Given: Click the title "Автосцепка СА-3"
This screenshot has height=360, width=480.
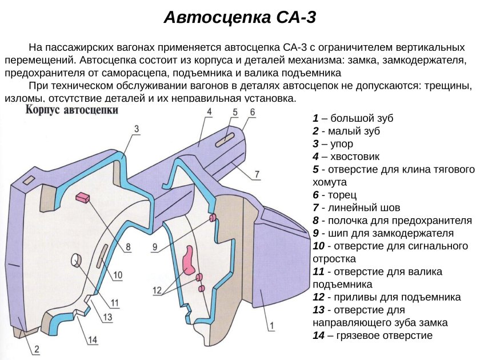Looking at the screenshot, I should click(x=240, y=17).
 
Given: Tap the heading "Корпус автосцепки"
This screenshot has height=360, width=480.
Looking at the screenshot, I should click(x=71, y=110).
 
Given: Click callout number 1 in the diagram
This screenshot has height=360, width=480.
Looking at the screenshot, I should click(x=272, y=326).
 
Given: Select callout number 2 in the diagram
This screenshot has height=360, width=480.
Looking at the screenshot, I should click(x=35, y=349).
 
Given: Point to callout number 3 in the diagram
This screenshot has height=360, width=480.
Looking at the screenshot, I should click(x=137, y=129).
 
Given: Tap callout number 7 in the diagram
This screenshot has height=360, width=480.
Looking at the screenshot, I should click(x=257, y=174).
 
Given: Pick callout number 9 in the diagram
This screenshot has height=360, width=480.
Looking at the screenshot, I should click(x=155, y=247).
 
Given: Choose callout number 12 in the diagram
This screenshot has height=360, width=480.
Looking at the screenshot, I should click(x=157, y=290).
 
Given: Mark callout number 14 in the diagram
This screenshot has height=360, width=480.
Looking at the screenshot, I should click(x=93, y=340).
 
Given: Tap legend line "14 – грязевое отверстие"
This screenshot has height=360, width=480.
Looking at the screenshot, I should click(x=373, y=335).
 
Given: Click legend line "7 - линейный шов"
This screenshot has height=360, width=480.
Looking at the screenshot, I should click(x=357, y=207).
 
